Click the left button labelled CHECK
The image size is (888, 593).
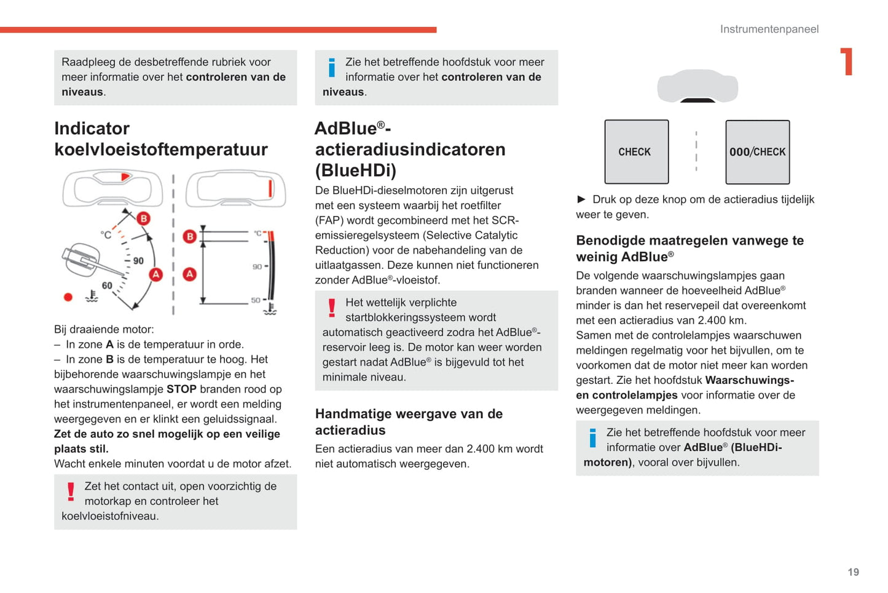coord(636,152)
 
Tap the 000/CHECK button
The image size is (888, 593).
coord(757,152)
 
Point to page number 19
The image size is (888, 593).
coord(853,572)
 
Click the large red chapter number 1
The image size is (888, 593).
coord(847,62)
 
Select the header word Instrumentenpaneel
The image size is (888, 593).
coord(769,29)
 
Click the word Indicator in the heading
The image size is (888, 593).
coord(92,129)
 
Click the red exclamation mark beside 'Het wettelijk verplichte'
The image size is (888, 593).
coord(332,308)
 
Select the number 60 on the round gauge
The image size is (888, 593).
coord(107,285)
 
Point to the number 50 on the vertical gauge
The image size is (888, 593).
coord(256,300)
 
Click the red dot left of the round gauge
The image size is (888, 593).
coord(68,297)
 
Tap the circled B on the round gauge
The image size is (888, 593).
coord(143,218)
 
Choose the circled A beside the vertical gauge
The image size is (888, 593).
coord(190,274)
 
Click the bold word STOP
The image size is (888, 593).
coord(181,389)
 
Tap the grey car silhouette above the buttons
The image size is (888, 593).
coord(697,86)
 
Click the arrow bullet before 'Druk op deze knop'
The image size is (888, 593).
coord(581,199)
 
